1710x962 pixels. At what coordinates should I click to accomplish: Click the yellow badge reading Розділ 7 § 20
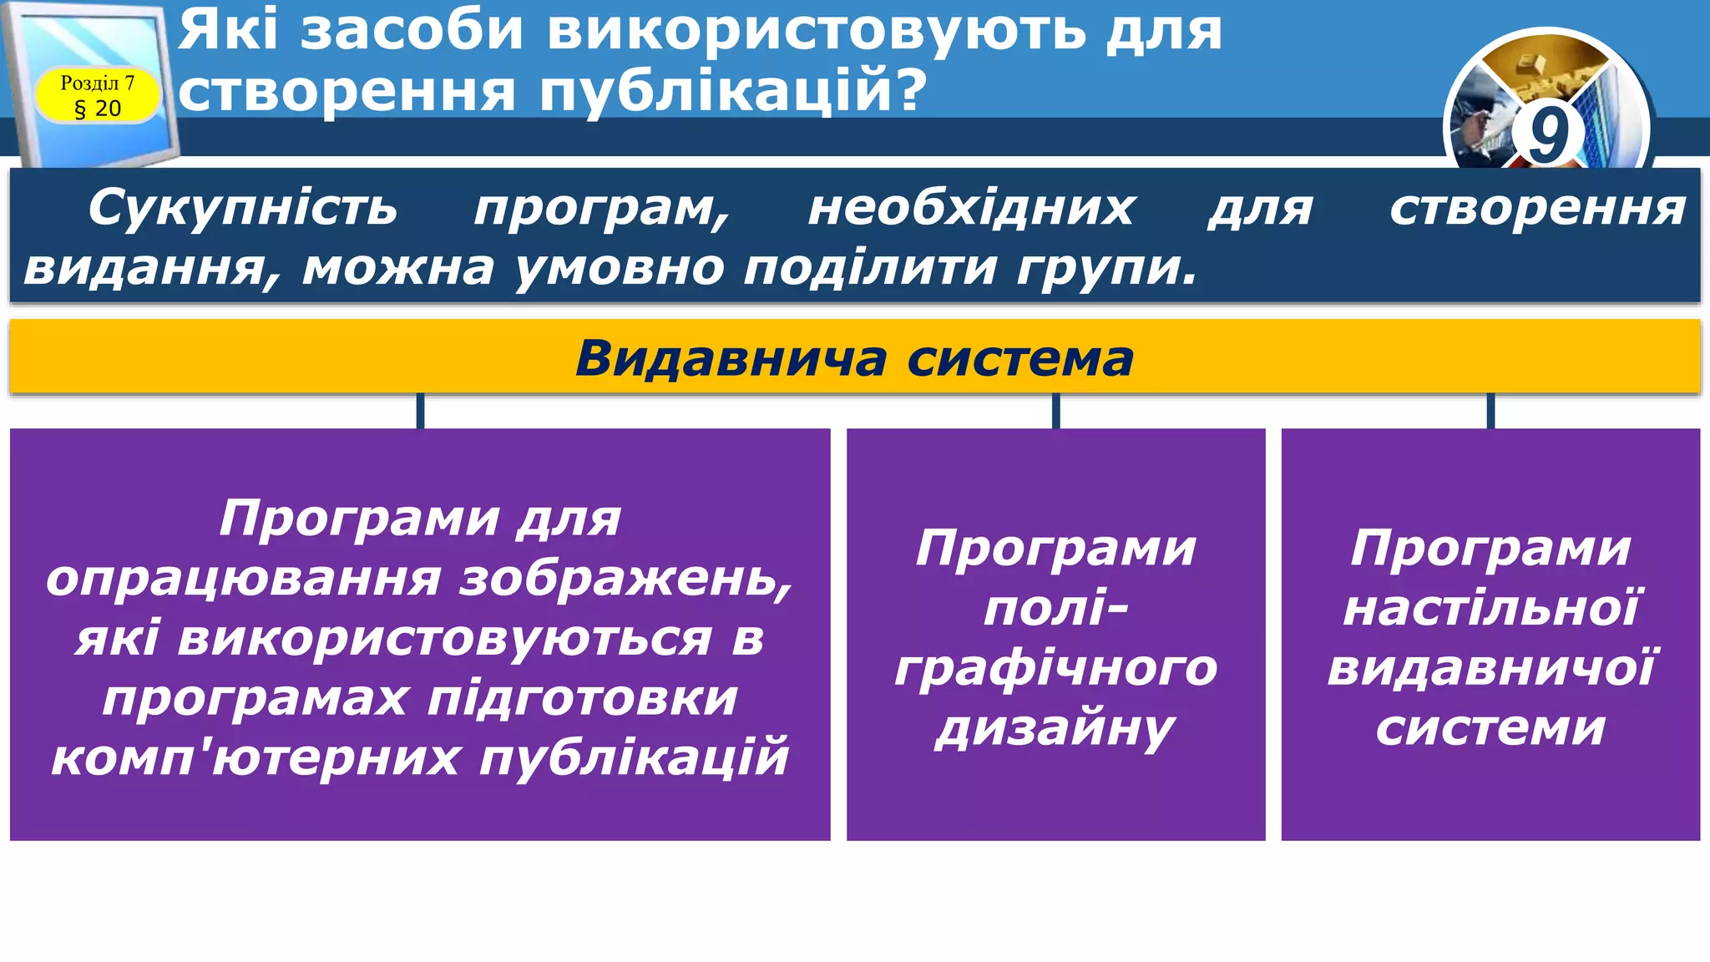[97, 95]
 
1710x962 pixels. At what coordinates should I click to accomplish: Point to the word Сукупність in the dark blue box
[243, 207]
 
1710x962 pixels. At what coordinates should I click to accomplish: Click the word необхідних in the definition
[971, 207]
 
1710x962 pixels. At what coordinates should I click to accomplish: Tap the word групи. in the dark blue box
[1106, 267]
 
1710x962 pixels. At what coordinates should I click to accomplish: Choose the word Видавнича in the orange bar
[731, 358]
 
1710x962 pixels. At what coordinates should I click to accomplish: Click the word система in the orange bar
[1020, 358]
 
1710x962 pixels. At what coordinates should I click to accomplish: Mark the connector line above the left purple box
[420, 411]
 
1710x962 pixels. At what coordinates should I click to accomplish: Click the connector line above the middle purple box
[1055, 411]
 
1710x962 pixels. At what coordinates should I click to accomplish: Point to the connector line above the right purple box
[1490, 411]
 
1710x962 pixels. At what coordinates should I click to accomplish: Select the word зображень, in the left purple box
[626, 578]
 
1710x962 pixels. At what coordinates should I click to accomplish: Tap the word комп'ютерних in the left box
[255, 757]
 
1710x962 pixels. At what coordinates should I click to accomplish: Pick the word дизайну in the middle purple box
[1055, 728]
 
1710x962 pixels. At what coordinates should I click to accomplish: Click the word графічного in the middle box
[1055, 668]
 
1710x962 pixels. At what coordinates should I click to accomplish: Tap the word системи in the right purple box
[1490, 728]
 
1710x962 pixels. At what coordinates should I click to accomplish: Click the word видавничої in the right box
[1490, 668]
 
